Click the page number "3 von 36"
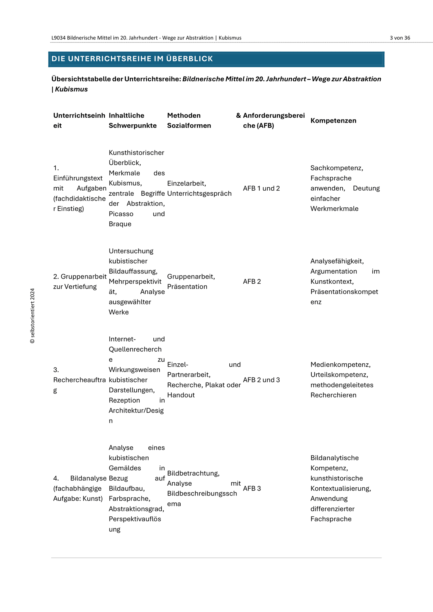pos(400,38)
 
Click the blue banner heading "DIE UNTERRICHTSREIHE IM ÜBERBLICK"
pos(132,59)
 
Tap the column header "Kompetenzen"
pos(333,121)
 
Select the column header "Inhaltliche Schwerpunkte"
pos(132,120)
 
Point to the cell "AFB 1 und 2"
pos(261,189)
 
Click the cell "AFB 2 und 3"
pos(261,380)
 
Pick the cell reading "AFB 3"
pos(252,489)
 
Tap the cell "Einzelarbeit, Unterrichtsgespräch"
pos(199,189)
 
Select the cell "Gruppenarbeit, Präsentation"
pos(191,281)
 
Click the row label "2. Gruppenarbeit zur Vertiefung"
pos(80,281)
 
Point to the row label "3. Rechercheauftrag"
pos(79,380)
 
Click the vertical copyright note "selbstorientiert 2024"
pos(33,316)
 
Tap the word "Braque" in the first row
pos(120,224)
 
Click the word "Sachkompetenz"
pos(336,168)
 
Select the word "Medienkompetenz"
pos(340,365)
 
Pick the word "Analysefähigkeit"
pos(337,261)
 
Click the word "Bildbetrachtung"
pos(193,473)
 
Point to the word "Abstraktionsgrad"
pos(136,509)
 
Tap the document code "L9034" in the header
pos(59,38)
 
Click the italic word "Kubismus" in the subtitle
pos(71,89)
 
